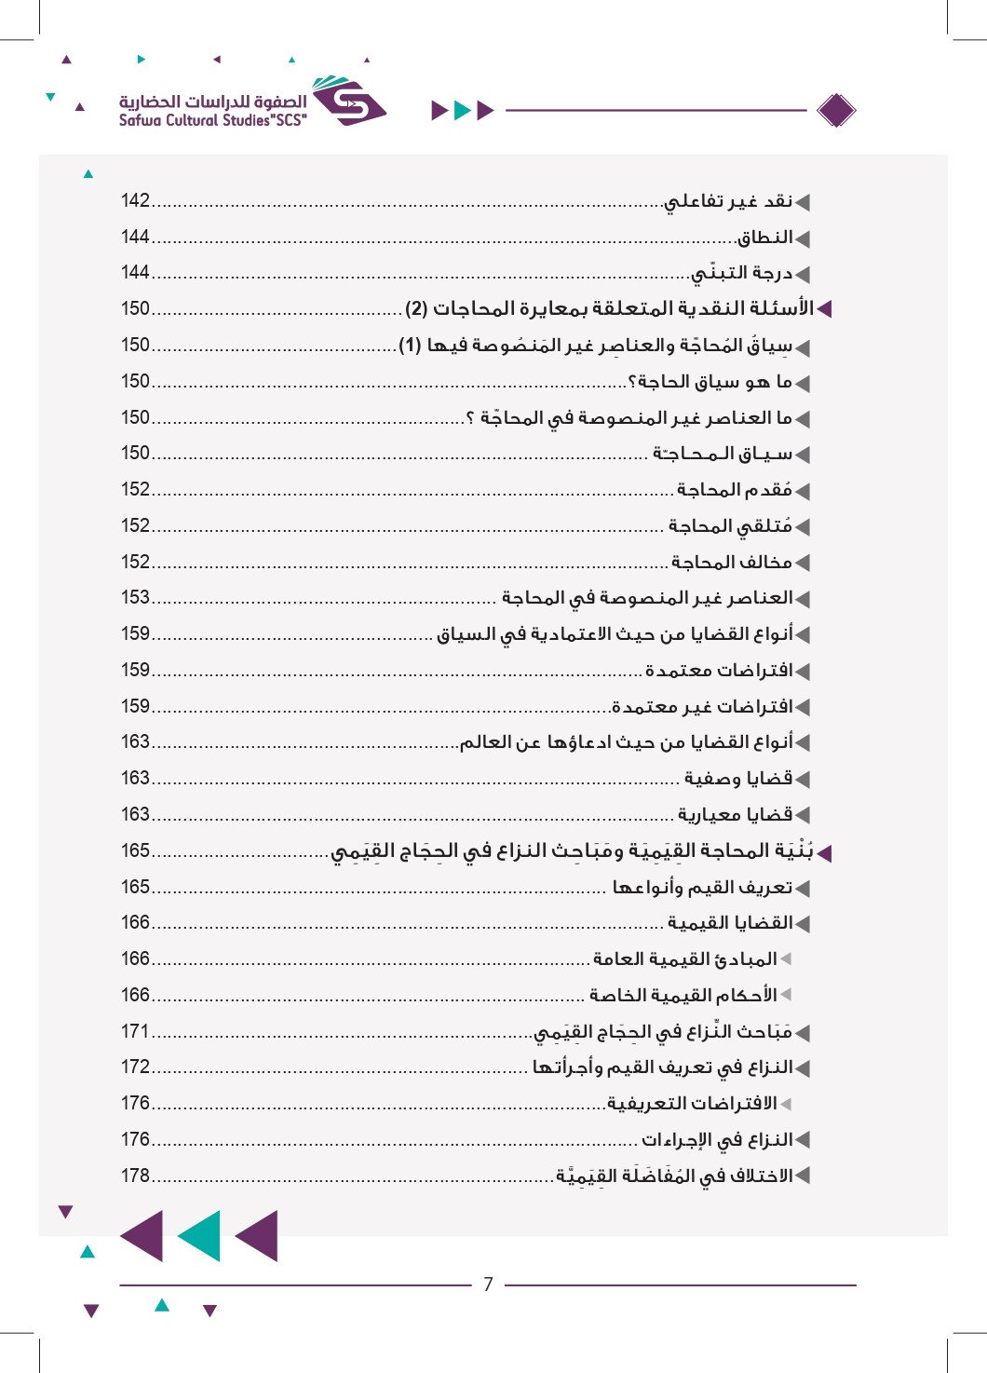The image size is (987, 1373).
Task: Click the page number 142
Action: click(135, 201)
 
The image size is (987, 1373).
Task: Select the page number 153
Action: click(135, 598)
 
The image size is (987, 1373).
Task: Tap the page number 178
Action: click(135, 1176)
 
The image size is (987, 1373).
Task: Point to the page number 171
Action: click(135, 1032)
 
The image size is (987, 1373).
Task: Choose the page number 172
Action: click(135, 1067)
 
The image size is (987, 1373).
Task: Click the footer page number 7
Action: click(488, 1285)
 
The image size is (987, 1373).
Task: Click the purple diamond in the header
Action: click(835, 111)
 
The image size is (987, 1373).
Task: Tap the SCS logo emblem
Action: click(348, 102)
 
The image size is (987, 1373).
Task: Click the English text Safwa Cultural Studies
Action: click(212, 120)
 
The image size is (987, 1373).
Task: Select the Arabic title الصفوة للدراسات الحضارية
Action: click(212, 101)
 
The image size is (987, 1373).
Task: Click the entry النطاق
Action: click(764, 238)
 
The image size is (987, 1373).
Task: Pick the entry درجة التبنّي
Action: click(742, 274)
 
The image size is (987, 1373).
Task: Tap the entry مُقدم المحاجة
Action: click(735, 490)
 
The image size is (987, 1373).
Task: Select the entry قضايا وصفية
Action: click(738, 779)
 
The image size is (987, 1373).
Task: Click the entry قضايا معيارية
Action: click(735, 815)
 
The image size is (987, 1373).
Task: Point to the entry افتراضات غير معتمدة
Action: click(703, 707)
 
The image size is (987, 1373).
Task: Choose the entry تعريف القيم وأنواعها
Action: click(702, 887)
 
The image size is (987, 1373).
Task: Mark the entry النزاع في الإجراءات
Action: click(717, 1140)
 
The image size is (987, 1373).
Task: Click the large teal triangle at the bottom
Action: click(198, 1236)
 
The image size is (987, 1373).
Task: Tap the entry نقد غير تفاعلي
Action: click(728, 201)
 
